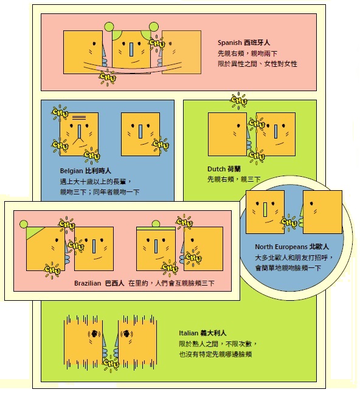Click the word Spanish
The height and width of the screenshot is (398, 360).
[229, 43]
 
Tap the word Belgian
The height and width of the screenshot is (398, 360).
[71, 171]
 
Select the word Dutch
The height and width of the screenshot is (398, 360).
[216, 169]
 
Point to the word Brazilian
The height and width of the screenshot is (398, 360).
[88, 283]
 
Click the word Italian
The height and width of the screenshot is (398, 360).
[189, 333]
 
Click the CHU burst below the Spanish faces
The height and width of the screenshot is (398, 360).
[107, 77]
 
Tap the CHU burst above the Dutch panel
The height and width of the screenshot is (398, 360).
[239, 100]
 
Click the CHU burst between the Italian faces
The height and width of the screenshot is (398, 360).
[111, 363]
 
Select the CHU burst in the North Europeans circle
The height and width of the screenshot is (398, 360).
[289, 222]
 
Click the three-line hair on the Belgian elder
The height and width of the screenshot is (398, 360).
[79, 117]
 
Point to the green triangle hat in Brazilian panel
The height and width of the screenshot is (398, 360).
[35, 233]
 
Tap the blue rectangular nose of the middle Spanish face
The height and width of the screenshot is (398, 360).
[131, 50]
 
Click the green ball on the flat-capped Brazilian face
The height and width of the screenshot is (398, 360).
[156, 224]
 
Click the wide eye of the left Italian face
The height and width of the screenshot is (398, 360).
[94, 334]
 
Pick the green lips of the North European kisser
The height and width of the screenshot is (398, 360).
[301, 222]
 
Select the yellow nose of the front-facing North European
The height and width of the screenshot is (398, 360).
[265, 210]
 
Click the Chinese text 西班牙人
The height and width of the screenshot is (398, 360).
[257, 43]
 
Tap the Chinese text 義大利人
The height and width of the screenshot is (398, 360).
[213, 333]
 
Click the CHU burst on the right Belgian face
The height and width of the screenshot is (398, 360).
[161, 145]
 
